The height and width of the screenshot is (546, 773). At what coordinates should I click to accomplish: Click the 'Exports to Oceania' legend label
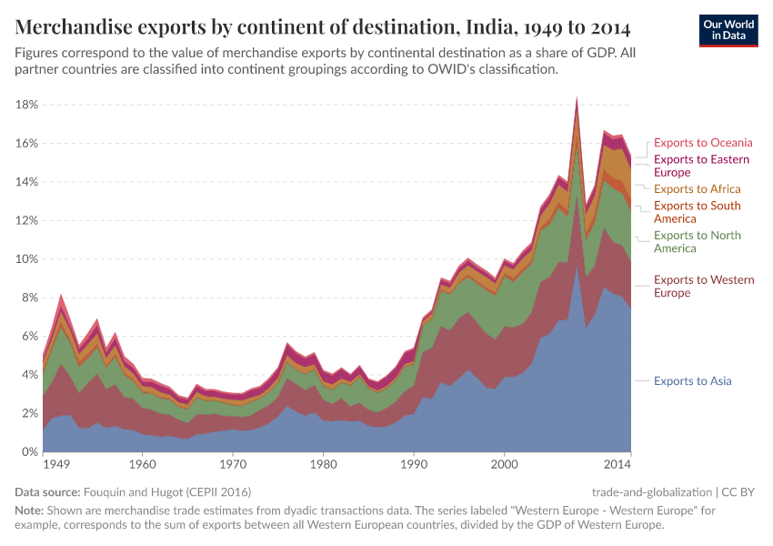[x=703, y=143]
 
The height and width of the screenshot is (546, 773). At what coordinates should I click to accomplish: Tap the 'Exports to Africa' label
[x=698, y=189]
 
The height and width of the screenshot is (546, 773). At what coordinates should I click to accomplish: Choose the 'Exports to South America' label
[x=697, y=212]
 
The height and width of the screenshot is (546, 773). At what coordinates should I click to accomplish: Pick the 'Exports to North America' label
[x=697, y=242]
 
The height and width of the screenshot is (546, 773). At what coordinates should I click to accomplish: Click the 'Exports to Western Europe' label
[x=697, y=287]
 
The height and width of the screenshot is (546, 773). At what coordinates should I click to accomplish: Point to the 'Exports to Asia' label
[x=692, y=381]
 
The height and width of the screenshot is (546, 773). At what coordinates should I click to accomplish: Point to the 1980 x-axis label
[x=323, y=465]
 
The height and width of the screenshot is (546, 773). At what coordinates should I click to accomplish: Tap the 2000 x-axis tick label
[x=504, y=465]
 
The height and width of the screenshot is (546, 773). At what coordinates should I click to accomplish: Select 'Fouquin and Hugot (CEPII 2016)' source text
[x=166, y=491]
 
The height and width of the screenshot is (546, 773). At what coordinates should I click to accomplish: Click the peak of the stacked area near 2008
[x=577, y=98]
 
